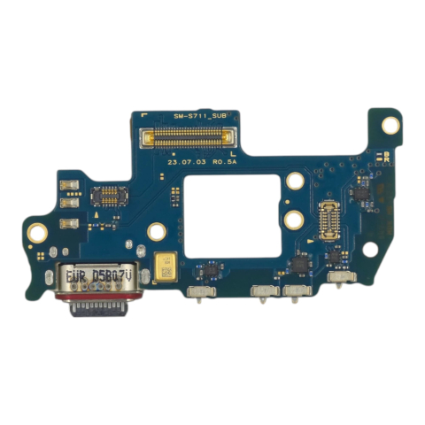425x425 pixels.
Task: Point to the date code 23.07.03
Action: tap(184, 162)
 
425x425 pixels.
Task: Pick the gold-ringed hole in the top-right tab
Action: tap(387, 126)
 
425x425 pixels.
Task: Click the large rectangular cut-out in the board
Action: tap(228, 220)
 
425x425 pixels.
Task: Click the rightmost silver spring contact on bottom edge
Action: tap(337, 282)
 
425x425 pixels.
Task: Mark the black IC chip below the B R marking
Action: tap(361, 189)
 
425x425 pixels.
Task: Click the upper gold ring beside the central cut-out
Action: tap(293, 181)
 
